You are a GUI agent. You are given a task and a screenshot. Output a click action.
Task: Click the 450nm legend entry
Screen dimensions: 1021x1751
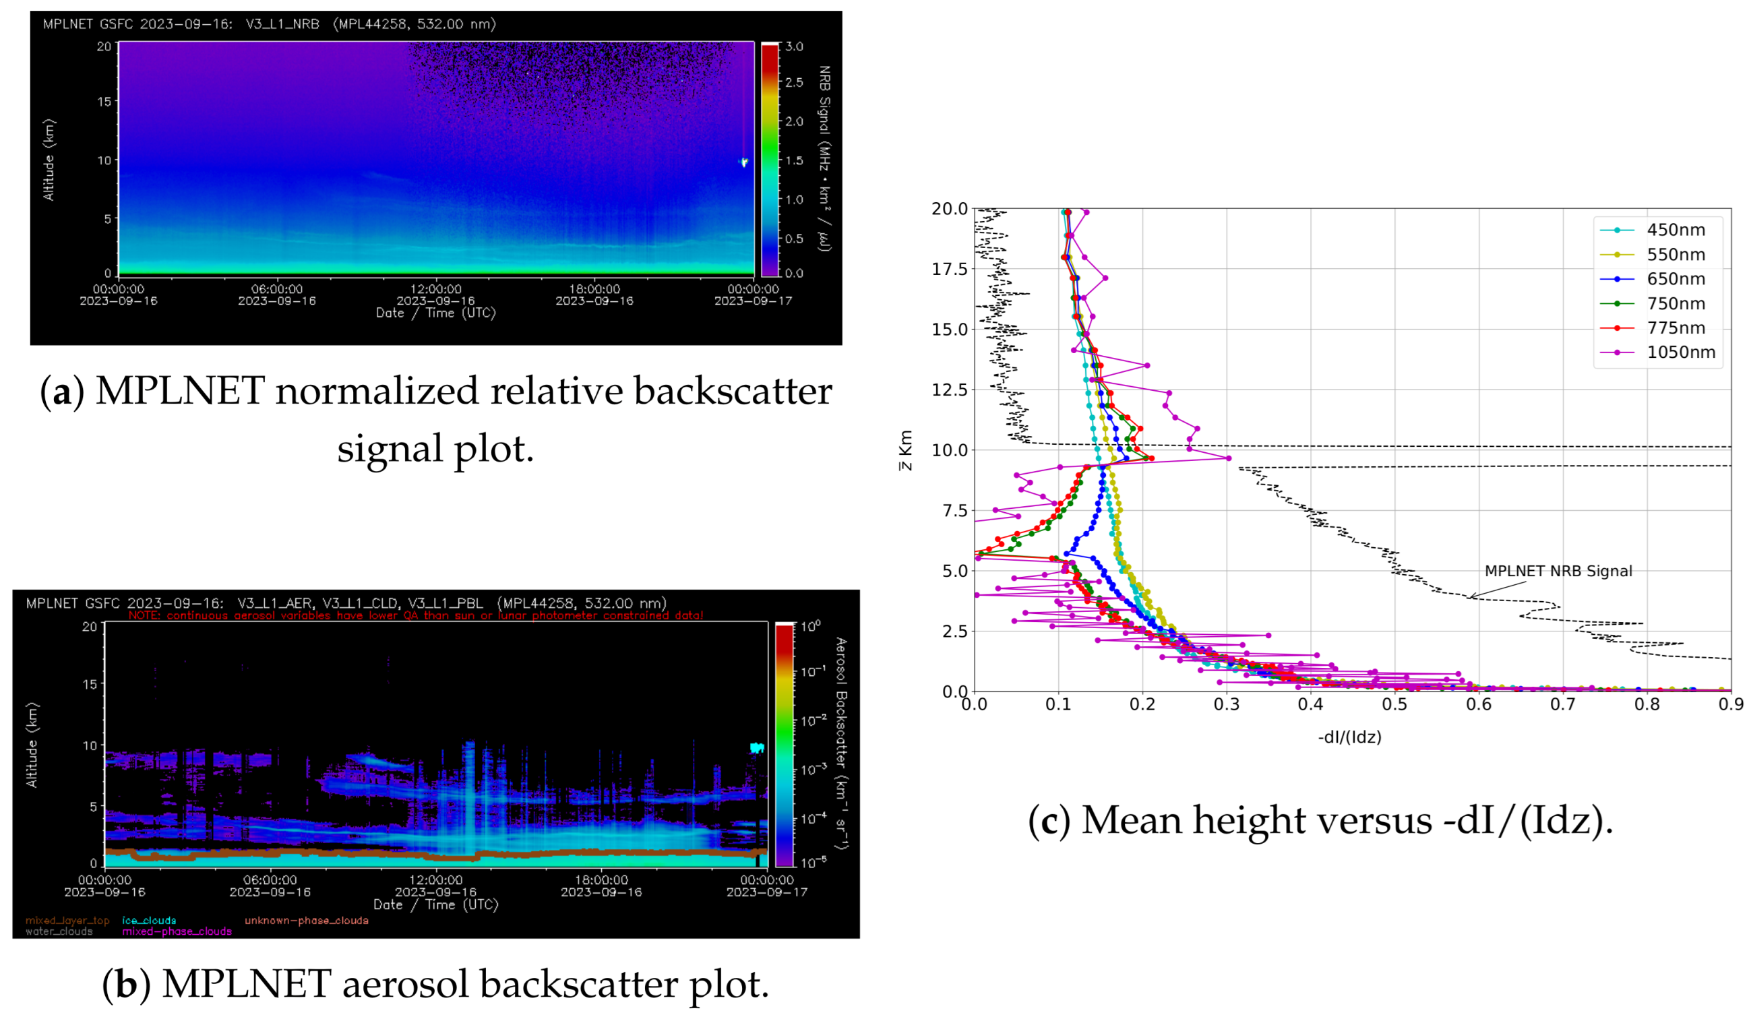pyautogui.click(x=1675, y=230)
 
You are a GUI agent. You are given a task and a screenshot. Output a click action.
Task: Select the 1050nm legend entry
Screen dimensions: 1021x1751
pyautogui.click(x=1680, y=352)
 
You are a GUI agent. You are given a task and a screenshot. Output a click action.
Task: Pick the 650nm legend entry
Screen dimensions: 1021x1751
pyautogui.click(x=1675, y=279)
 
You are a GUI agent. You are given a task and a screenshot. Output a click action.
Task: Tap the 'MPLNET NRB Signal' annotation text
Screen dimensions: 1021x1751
pyautogui.click(x=1558, y=571)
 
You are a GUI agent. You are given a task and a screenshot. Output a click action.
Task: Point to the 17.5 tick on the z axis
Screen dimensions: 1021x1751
pyautogui.click(x=949, y=270)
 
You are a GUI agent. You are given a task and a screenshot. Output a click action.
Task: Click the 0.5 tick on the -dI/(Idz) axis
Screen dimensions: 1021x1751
pyautogui.click(x=1394, y=704)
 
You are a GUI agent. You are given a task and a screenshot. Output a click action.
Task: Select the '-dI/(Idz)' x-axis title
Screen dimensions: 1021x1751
pyautogui.click(x=1349, y=737)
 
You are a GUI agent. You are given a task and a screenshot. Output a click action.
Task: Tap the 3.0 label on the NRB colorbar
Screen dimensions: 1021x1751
pyautogui.click(x=794, y=47)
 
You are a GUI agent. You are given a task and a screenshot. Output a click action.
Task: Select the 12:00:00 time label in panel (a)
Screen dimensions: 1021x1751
pyautogui.click(x=435, y=289)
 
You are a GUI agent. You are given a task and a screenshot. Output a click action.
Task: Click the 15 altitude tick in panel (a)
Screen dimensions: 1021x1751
pyautogui.click(x=104, y=101)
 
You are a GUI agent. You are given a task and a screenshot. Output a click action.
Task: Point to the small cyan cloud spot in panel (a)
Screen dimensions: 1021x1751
pyautogui.click(x=743, y=162)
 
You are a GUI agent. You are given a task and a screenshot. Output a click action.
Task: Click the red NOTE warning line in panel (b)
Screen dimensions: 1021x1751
pyautogui.click(x=416, y=615)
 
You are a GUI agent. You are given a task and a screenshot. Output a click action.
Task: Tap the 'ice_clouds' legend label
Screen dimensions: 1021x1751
pyautogui.click(x=149, y=921)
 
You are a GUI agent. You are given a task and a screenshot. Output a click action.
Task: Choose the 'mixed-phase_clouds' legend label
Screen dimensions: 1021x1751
pyautogui.click(x=177, y=931)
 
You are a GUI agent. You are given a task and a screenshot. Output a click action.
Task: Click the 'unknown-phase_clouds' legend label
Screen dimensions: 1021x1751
pyautogui.click(x=306, y=921)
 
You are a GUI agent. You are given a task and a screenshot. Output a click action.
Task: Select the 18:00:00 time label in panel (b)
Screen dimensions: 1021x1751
pyautogui.click(x=601, y=880)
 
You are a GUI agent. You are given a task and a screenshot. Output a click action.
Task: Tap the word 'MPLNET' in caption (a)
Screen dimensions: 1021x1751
pyautogui.click(x=179, y=390)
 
